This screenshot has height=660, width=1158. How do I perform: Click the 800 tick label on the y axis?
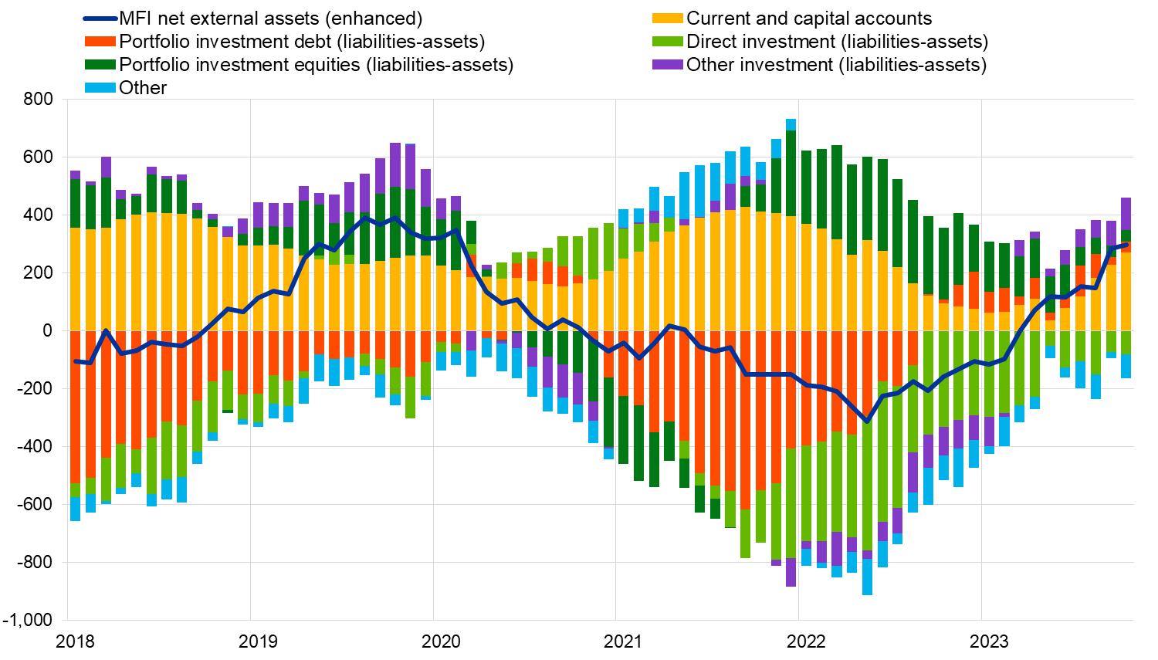point(38,99)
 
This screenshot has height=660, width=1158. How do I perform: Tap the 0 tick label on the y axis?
point(48,330)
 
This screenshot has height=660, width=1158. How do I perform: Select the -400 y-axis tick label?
point(35,446)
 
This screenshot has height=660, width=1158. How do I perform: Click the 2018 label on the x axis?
point(76,641)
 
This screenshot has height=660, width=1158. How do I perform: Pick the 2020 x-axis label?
point(441,641)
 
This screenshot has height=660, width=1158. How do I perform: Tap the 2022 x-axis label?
point(806,641)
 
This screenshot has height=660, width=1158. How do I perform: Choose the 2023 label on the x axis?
point(989,641)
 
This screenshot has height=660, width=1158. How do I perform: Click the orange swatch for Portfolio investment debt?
point(100,42)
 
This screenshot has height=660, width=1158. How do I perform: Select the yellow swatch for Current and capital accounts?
point(667,19)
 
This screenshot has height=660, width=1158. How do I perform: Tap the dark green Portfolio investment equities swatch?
point(100,65)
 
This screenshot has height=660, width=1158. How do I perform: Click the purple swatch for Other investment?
point(667,65)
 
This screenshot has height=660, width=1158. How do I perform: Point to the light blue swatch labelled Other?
point(100,88)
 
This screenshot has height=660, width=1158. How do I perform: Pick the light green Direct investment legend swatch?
point(667,42)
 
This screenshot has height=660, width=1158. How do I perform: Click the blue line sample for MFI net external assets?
point(100,19)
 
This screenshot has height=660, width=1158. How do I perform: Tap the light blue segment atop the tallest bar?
point(791,125)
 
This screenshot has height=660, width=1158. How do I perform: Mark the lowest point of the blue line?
point(867,421)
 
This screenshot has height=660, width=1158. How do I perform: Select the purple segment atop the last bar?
point(1126,214)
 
